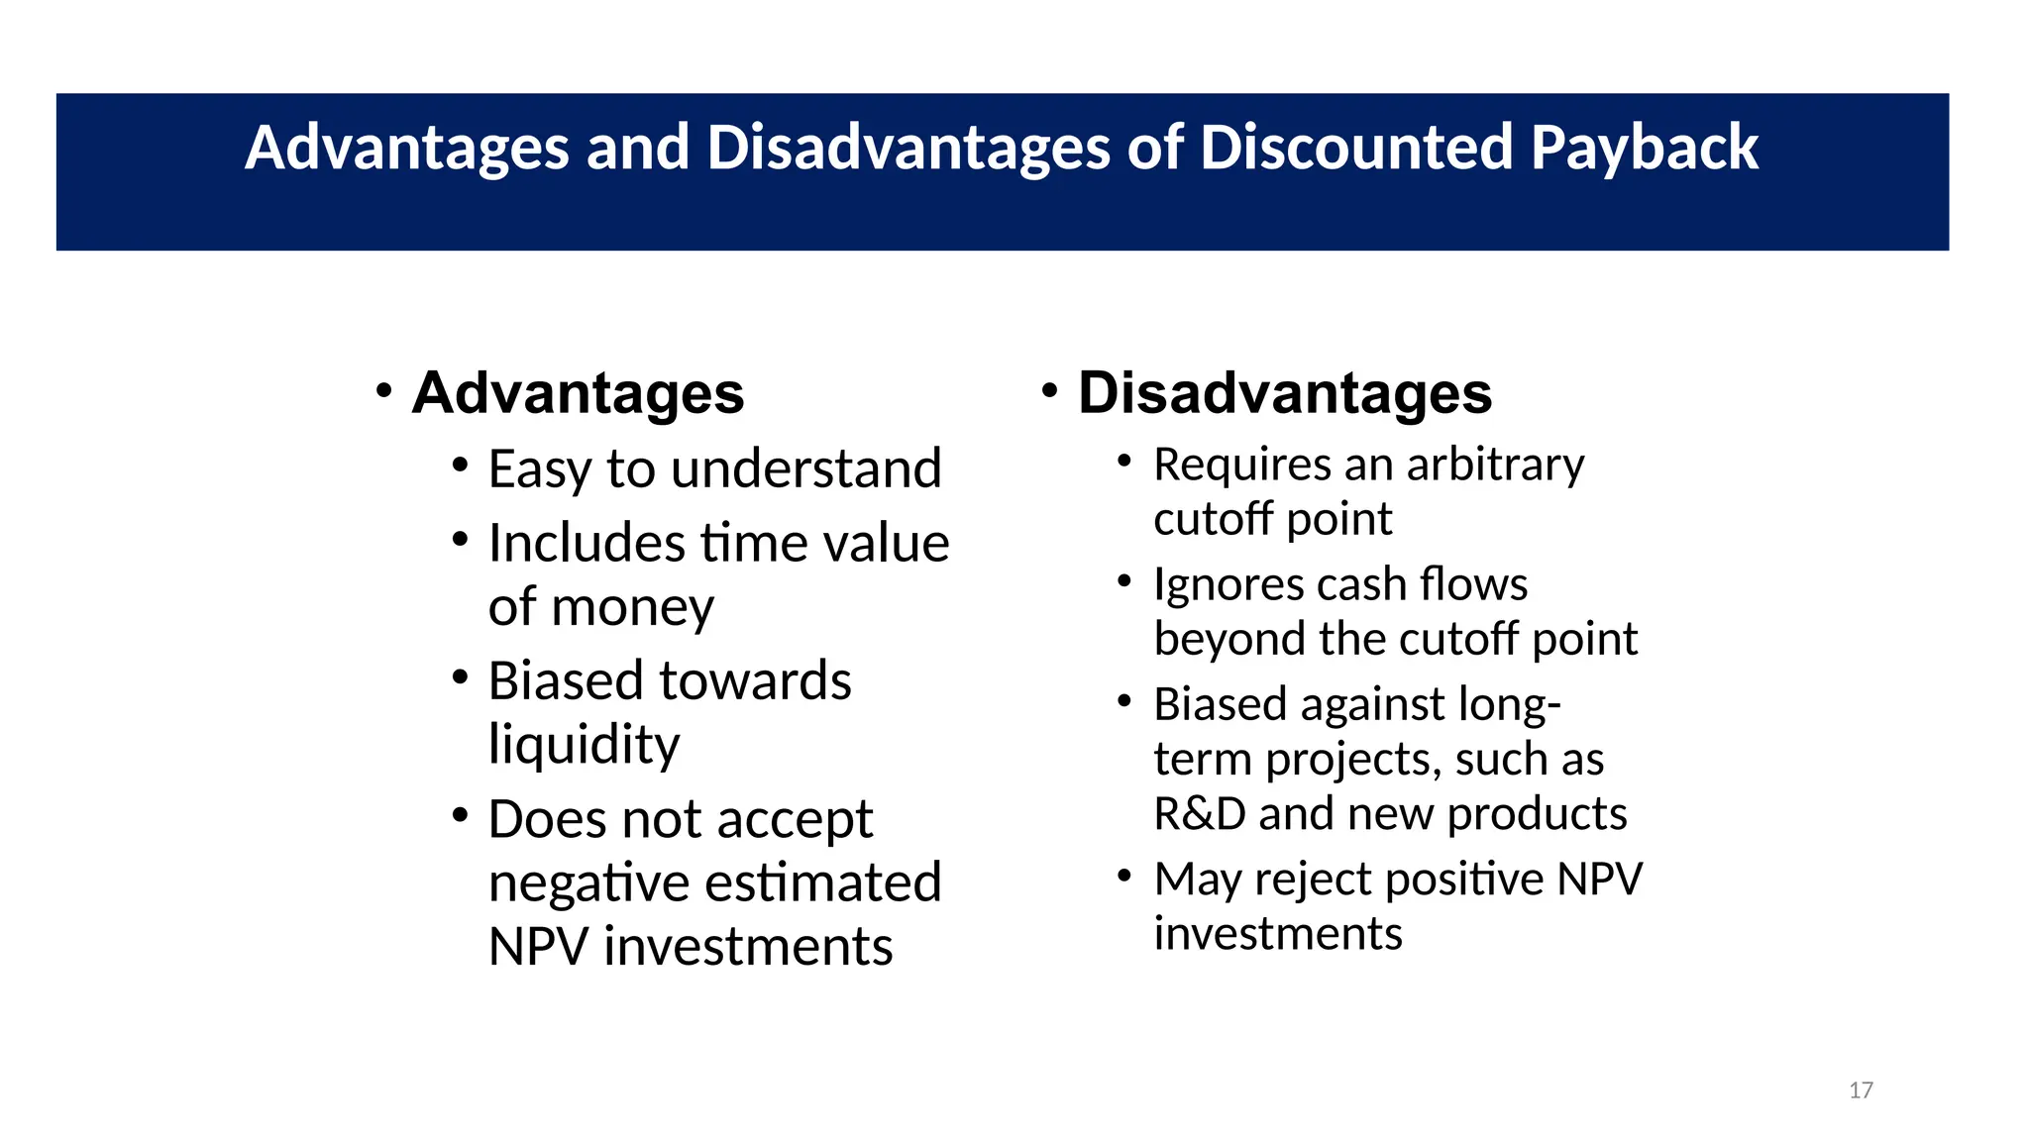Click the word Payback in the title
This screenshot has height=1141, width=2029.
(1644, 149)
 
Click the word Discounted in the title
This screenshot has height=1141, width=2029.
(1356, 149)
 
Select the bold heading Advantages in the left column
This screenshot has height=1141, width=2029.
(578, 393)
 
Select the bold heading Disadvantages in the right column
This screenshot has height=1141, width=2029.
(1285, 393)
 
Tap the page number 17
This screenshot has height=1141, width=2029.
(1861, 1090)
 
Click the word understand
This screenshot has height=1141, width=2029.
(805, 468)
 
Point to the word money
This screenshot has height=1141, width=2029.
(632, 607)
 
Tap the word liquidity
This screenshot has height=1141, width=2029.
(584, 745)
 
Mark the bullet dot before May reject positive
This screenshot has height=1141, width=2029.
(1123, 876)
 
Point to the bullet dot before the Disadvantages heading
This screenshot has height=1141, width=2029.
(1049, 390)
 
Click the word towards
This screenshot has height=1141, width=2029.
(756, 681)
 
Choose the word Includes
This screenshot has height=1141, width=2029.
(587, 544)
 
